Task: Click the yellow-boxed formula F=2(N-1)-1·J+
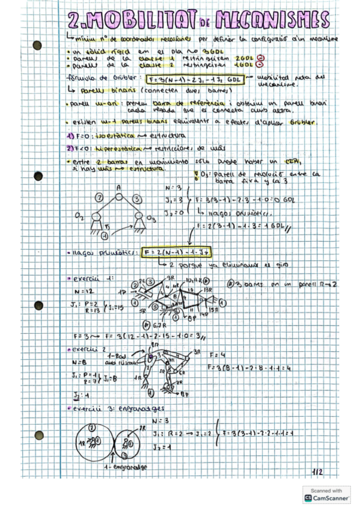click(x=177, y=252)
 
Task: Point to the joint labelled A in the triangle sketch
click(x=120, y=188)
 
